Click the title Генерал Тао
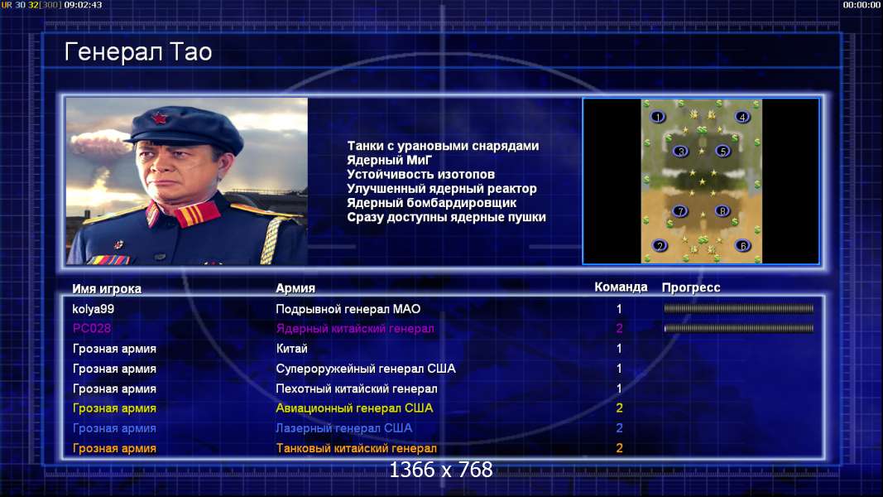(138, 52)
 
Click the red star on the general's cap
(160, 119)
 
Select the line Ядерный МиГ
(389, 160)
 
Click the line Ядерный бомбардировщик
(431, 203)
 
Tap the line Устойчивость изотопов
(420, 174)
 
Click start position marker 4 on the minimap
(742, 117)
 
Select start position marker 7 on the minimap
(679, 210)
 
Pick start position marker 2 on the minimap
(660, 246)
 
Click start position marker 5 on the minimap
(722, 151)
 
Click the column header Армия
(295, 288)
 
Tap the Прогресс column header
(691, 287)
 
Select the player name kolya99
(93, 309)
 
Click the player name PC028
(92, 328)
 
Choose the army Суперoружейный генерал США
(366, 369)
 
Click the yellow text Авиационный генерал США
(354, 408)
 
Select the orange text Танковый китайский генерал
(356, 448)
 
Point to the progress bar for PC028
(738, 328)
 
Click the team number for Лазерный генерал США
(619, 428)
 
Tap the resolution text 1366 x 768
(441, 470)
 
